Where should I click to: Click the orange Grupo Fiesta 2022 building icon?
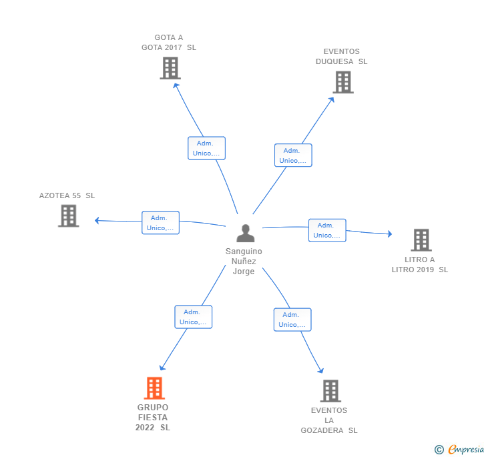coord(154,388)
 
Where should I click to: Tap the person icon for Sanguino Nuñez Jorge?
coord(246,233)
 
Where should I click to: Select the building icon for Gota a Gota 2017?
coord(170,68)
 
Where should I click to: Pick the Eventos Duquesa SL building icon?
coord(343,82)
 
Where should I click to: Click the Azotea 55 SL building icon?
coord(69,216)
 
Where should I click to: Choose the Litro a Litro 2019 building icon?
coord(421,240)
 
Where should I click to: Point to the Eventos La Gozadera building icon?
coord(330,391)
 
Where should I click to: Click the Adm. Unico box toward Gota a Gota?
coord(206,148)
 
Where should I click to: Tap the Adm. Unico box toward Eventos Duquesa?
coord(293,155)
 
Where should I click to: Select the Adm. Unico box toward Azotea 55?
coord(160,223)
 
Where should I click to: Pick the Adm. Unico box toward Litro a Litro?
coord(327,230)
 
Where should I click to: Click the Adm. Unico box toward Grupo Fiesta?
coord(194,317)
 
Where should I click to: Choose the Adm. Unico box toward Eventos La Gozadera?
coord(292,320)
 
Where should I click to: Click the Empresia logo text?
coord(466,449)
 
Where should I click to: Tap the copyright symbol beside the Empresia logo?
coord(439,449)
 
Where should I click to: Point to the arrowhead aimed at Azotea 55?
coord(97,220)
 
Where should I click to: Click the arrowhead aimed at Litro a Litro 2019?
coord(390,234)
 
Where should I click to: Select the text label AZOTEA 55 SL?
coord(67,195)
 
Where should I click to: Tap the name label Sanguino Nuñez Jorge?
coord(244,261)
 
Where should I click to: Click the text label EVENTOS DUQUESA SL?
coord(342,57)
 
